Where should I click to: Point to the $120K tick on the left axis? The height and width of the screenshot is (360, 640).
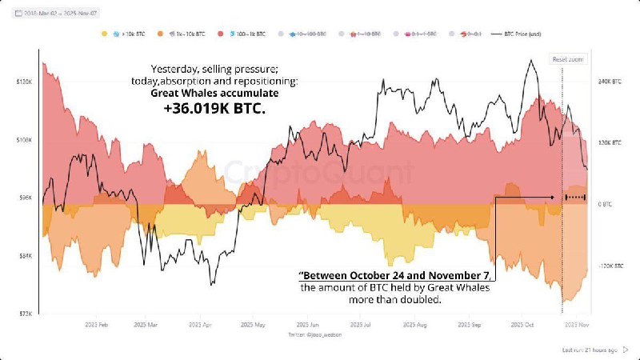click(23, 82)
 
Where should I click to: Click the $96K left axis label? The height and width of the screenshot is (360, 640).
click(23, 198)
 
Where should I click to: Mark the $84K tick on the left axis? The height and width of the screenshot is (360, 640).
click(23, 256)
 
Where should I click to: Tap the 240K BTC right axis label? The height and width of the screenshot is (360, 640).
click(610, 82)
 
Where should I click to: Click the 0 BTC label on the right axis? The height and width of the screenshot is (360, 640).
click(606, 204)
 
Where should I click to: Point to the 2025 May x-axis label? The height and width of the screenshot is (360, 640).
click(254, 326)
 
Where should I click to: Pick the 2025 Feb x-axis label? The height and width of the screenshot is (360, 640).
click(97, 326)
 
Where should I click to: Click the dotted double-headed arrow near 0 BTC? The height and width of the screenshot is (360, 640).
click(575, 197)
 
